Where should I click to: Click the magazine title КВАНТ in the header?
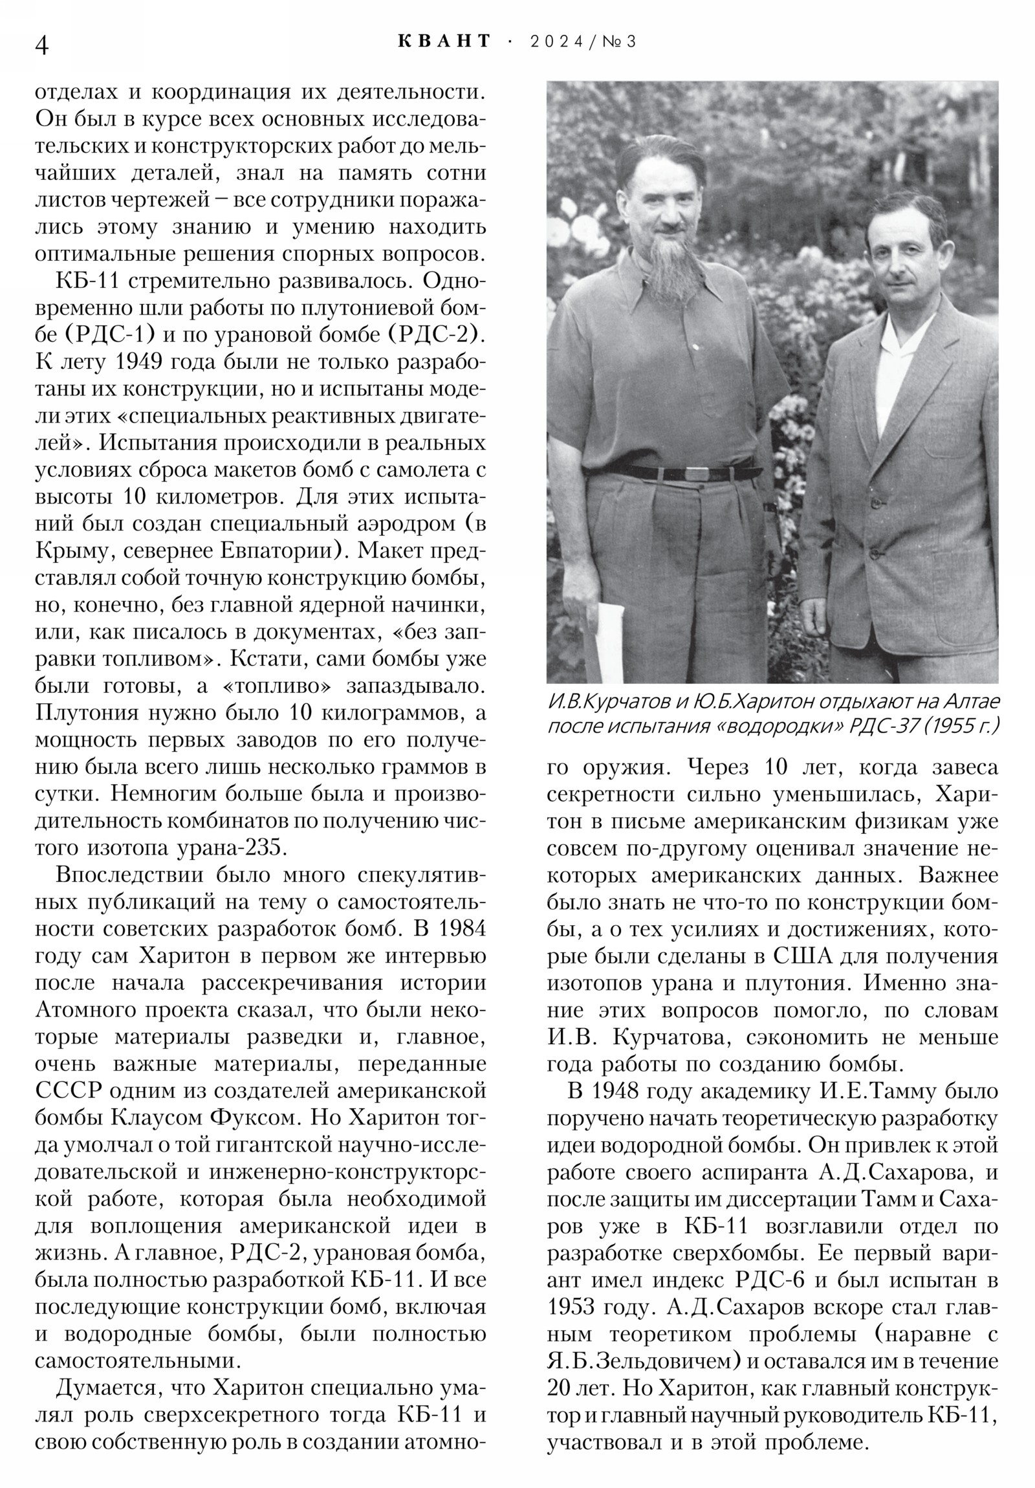444,41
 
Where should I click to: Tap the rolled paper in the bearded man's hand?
607,642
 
